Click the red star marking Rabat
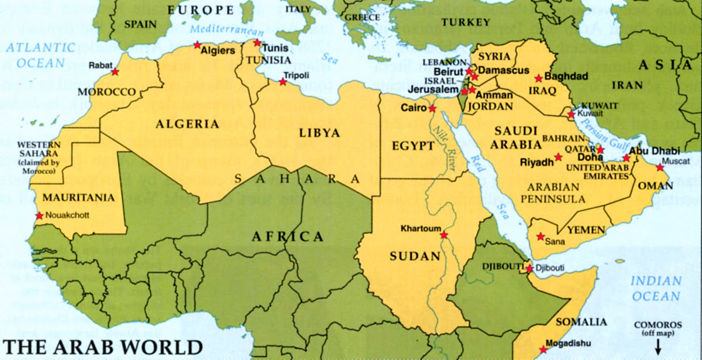tap(115, 72)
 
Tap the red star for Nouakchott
tap(39, 216)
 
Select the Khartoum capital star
tap(444, 235)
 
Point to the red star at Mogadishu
tap(543, 349)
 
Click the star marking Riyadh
tap(559, 157)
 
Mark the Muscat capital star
tap(660, 167)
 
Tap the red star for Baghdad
tap(539, 78)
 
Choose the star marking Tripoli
tap(283, 82)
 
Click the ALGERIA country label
tap(179, 124)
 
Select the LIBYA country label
tap(319, 133)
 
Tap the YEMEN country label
tap(586, 230)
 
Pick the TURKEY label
tap(466, 22)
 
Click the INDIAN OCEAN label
tap(656, 288)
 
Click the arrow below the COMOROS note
tap(658, 347)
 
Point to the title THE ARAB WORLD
tap(103, 347)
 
